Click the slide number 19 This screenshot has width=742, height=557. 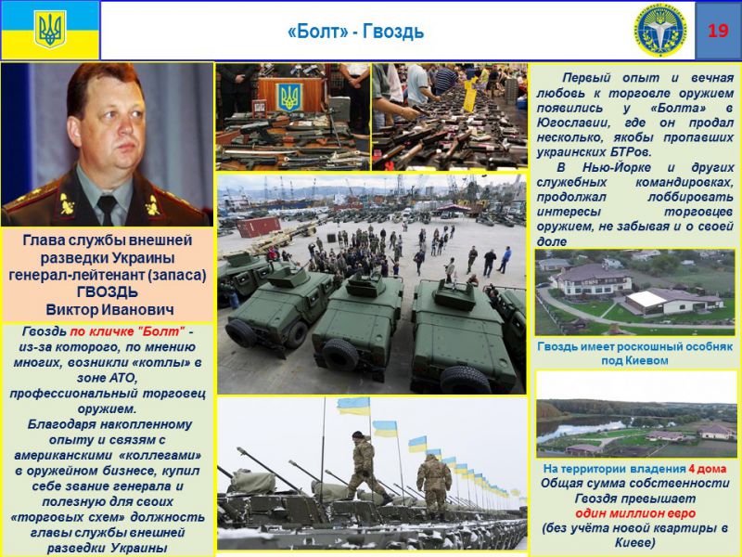click(718, 31)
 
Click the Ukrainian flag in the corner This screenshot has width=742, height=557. click(49, 30)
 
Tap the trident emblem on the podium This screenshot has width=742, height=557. click(291, 97)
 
